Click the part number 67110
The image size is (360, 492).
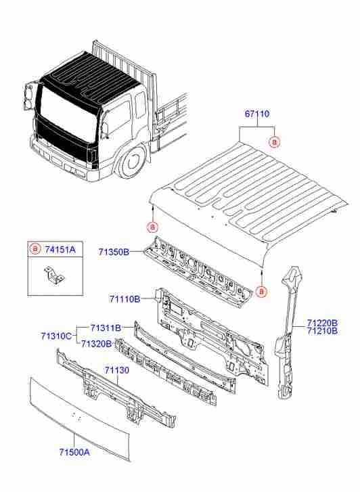pos(258,116)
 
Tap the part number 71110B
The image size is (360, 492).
pos(124,299)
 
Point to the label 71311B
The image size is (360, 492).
pos(105,328)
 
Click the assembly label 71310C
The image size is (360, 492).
pos(56,336)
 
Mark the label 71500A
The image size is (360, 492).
pos(73,453)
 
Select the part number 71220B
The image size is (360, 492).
pos(323,323)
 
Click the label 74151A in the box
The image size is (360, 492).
pos(60,250)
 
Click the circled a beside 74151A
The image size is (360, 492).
pos(35,250)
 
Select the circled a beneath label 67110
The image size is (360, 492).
pos(274,141)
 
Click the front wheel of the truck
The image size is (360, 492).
pos(133,162)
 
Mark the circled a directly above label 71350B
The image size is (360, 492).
pos(153,226)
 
